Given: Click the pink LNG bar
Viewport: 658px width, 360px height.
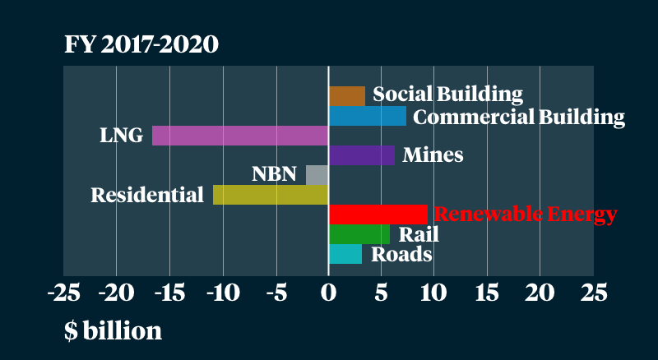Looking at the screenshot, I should [240, 136].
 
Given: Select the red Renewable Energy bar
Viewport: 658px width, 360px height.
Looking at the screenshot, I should [378, 215].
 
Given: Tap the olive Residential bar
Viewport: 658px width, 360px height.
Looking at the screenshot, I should [271, 195].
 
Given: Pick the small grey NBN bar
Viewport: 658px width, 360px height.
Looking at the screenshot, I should [317, 175].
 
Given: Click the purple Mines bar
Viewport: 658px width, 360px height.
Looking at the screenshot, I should [361, 155].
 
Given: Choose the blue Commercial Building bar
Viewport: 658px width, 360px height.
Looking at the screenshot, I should [367, 116].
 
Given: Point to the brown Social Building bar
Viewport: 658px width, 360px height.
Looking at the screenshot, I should [346, 96].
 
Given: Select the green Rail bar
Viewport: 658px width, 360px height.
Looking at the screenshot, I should [359, 234].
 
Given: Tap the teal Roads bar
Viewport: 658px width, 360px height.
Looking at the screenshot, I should [345, 254].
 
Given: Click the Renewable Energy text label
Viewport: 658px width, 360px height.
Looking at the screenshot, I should [525, 215].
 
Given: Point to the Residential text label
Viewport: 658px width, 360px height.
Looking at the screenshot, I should [147, 196].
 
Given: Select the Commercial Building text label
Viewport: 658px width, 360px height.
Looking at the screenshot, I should [518, 117].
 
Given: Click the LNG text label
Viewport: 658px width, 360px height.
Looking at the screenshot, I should [122, 136].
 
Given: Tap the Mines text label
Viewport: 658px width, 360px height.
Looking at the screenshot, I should [433, 155].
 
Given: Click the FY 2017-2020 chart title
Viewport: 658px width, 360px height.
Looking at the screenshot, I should [141, 44].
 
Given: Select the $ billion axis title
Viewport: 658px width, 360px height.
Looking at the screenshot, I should [113, 330].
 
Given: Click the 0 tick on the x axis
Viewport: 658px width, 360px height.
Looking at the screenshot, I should [328, 293].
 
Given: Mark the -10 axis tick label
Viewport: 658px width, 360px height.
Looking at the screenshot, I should [222, 293].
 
